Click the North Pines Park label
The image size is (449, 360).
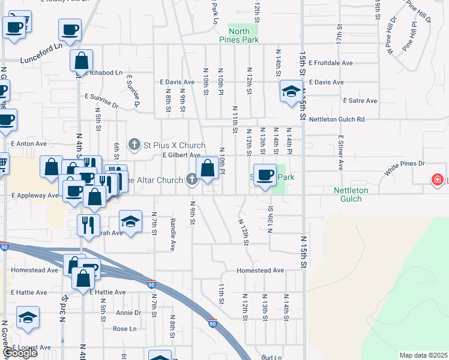click(x=243, y=35)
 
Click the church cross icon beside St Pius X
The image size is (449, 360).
click(x=134, y=144)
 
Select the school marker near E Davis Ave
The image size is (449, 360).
click(x=291, y=92)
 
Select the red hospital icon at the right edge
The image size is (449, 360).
click(x=439, y=179)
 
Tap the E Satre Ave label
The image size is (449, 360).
click(x=360, y=101)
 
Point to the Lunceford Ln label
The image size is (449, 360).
click(x=41, y=60)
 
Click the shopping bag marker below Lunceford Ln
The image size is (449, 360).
click(x=81, y=61)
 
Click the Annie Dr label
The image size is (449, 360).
click(x=128, y=313)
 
